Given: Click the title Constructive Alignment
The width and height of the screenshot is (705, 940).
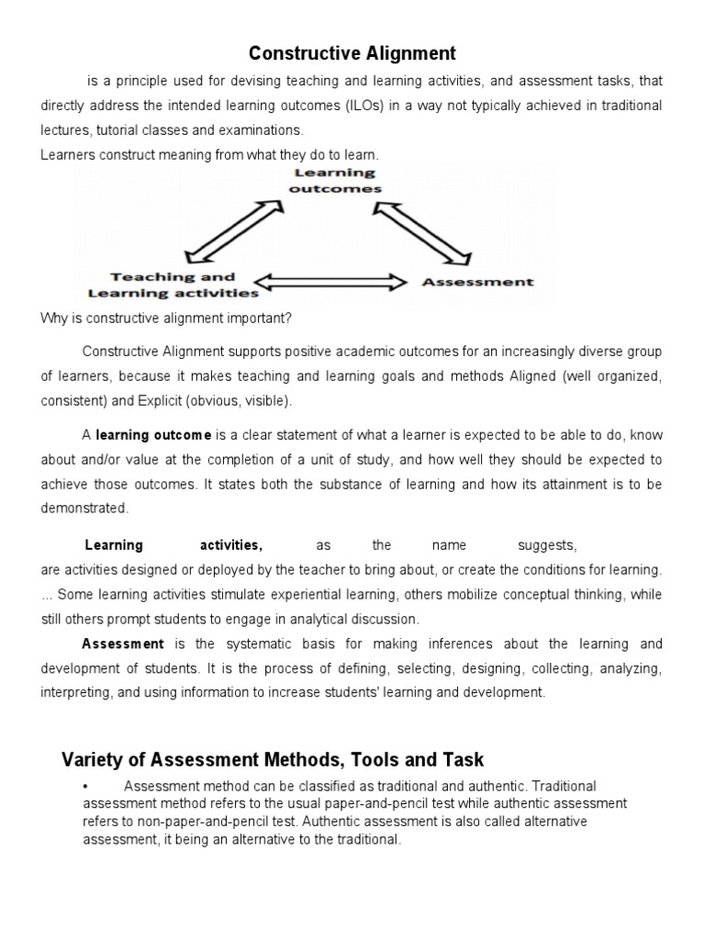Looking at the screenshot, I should pyautogui.click(x=352, y=54).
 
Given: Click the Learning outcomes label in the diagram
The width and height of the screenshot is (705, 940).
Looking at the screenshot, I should pyautogui.click(x=334, y=180).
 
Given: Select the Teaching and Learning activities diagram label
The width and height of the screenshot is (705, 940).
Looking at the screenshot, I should pyautogui.click(x=173, y=285).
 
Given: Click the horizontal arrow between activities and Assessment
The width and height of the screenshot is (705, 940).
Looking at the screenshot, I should pyautogui.click(x=330, y=282).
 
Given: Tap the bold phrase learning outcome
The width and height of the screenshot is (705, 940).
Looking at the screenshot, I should pyautogui.click(x=153, y=435).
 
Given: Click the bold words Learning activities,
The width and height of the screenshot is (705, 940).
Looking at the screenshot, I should pyautogui.click(x=173, y=545).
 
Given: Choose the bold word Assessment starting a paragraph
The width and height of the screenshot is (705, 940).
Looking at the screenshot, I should pyautogui.click(x=123, y=644).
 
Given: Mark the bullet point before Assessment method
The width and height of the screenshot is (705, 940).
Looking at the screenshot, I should pyautogui.click(x=84, y=787).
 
